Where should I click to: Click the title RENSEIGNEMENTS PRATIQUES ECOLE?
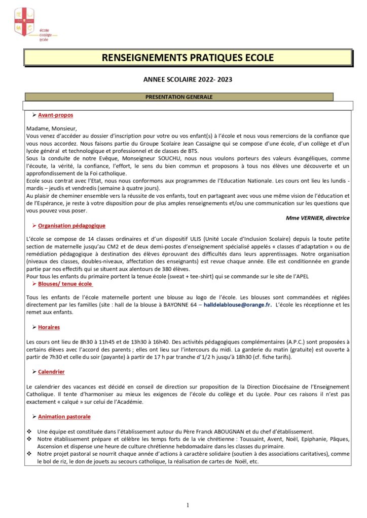188,58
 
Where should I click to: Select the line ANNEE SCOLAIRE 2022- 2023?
188,79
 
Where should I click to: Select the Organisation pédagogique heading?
71,226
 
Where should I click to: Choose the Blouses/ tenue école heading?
65,284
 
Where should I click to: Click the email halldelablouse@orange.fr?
237,305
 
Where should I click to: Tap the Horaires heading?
49,327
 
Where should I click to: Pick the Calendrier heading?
51,372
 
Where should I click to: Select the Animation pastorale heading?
64,417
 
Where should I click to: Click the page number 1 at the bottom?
188,505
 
